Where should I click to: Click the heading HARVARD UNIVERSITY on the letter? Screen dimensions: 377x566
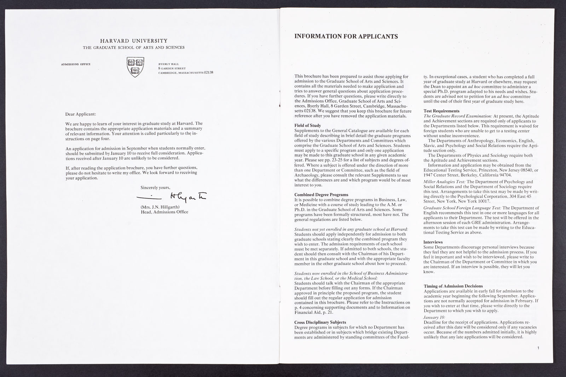pos(133,41)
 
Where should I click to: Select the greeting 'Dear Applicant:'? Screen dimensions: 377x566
pos(80,114)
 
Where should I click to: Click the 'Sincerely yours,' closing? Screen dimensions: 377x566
pos(156,187)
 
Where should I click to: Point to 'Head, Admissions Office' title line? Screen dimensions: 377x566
pos(164,212)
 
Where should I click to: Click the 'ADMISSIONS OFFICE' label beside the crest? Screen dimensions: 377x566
pos(76,64)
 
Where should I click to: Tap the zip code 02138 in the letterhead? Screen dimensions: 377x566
pos(208,72)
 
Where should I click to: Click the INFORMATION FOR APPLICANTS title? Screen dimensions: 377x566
pos(346,36)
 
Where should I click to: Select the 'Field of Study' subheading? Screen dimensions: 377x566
pos(308,126)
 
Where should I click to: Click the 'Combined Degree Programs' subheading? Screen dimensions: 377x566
pos(321,195)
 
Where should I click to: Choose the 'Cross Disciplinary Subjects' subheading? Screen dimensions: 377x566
pos(320,322)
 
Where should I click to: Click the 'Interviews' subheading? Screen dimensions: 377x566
pos(433,242)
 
